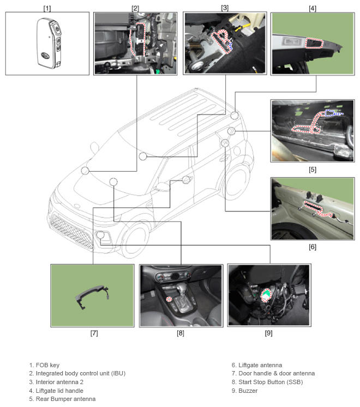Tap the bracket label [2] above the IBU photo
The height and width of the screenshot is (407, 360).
pyautogui.click(x=135, y=8)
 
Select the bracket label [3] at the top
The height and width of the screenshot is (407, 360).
pyautogui.click(x=224, y=8)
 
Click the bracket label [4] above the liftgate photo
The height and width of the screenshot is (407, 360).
pyautogui.click(x=313, y=8)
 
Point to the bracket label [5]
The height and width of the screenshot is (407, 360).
pyautogui.click(x=313, y=169)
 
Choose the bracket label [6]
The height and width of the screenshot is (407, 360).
pyautogui.click(x=313, y=247)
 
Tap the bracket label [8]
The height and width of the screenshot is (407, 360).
pyautogui.click(x=181, y=333)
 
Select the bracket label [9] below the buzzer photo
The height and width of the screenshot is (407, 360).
pyautogui.click(x=268, y=333)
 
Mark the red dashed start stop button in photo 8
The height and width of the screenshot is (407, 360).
pyautogui.click(x=170, y=299)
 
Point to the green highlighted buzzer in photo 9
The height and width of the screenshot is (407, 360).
pyautogui.click(x=266, y=294)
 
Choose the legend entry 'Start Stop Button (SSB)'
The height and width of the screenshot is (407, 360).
pyautogui.click(x=270, y=382)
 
